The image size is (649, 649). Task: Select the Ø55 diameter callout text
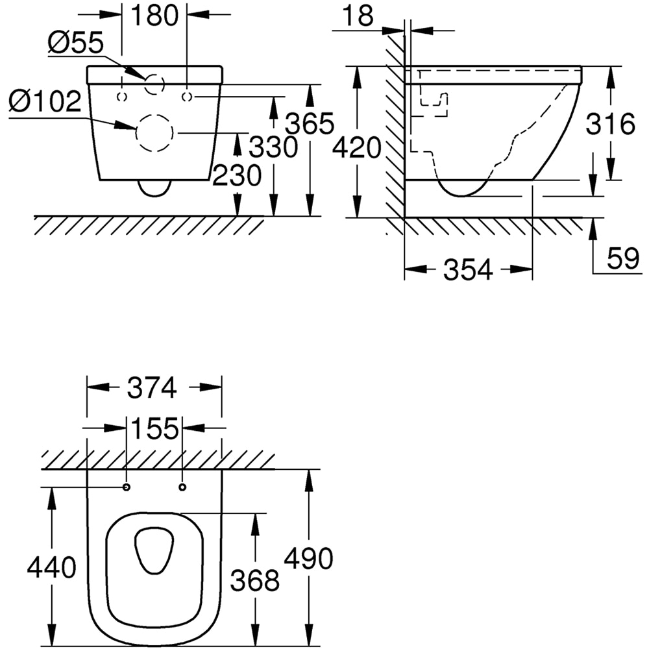pyautogui.click(x=75, y=44)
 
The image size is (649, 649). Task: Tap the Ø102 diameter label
pyautogui.click(x=45, y=102)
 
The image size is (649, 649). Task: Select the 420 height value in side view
pyautogui.click(x=356, y=149)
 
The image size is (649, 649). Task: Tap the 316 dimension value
pyautogui.click(x=610, y=123)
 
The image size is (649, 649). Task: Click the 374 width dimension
pyautogui.click(x=152, y=388)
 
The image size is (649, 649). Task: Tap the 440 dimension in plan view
pyautogui.click(x=51, y=568)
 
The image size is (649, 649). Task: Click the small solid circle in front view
pyautogui.click(x=155, y=83)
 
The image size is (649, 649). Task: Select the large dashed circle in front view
pyautogui.click(x=155, y=133)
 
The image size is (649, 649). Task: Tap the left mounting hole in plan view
pyautogui.click(x=126, y=487)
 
